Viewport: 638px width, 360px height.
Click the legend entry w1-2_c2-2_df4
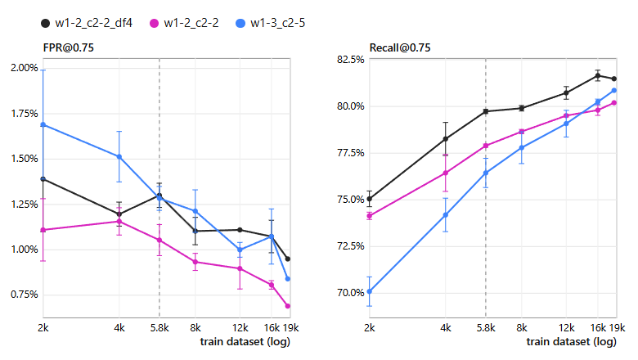click(87, 23)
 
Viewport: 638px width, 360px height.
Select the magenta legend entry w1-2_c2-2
click(184, 23)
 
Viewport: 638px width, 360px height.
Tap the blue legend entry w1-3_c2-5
click(271, 23)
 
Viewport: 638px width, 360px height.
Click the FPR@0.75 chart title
click(69, 47)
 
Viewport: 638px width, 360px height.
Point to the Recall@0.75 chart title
click(399, 47)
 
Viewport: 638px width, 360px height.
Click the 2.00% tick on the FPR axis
click(25, 68)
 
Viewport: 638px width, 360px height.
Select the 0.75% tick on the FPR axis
click(25, 295)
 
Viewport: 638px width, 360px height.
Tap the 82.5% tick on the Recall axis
click(351, 60)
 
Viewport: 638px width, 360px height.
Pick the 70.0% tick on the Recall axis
click(351, 293)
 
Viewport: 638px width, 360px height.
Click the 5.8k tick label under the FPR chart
click(159, 328)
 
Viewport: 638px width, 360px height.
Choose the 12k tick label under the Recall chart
click(566, 328)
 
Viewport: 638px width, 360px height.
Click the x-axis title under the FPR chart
click(245, 342)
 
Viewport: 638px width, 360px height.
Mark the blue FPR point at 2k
click(43, 124)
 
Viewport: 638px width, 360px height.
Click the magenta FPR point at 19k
click(288, 306)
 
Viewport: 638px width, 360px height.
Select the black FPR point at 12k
click(240, 230)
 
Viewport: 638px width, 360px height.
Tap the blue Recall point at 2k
click(370, 291)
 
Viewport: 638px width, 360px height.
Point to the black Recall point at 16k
click(598, 75)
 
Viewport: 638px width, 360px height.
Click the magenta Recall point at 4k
click(446, 173)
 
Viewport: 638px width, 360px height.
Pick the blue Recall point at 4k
click(446, 215)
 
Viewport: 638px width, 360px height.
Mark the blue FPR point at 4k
click(119, 156)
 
